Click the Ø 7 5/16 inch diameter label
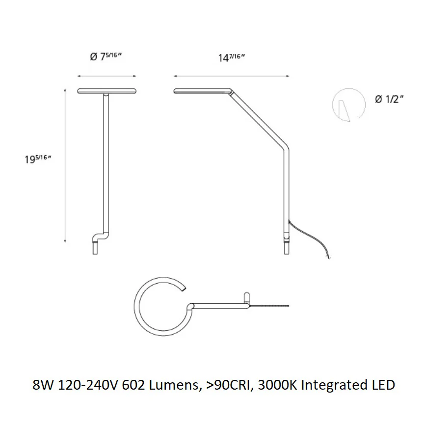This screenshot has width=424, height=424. pyautogui.click(x=106, y=56)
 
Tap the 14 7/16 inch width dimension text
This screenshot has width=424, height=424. pyautogui.click(x=232, y=57)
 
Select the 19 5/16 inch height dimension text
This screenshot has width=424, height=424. pyautogui.click(x=38, y=159)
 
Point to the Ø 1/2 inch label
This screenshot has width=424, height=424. pyautogui.click(x=389, y=99)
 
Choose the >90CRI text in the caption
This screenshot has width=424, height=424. pyautogui.click(x=229, y=385)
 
